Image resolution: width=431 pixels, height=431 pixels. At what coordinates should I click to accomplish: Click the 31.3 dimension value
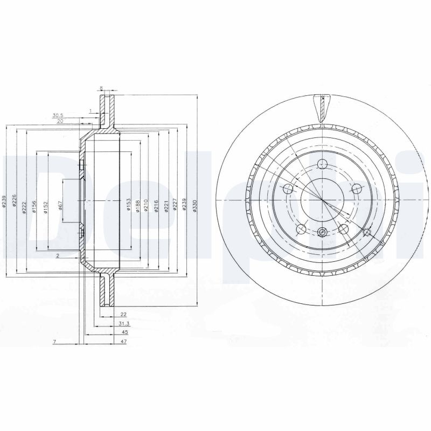click(x=123, y=323)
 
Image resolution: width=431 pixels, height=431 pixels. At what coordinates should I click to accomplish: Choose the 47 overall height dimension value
click(x=123, y=342)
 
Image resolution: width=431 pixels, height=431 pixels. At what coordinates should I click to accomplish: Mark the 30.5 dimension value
click(x=58, y=115)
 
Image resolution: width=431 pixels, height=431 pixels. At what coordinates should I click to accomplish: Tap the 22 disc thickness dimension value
click(x=123, y=314)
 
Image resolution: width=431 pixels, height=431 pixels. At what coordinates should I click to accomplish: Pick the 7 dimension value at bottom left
click(x=54, y=342)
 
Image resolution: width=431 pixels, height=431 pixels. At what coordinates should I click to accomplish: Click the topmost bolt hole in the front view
click(x=322, y=165)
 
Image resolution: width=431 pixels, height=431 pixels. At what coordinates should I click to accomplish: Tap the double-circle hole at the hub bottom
click(x=322, y=232)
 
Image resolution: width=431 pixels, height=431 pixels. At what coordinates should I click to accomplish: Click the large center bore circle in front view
click(x=322, y=199)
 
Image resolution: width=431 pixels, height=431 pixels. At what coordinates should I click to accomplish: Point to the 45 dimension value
click(x=123, y=333)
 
